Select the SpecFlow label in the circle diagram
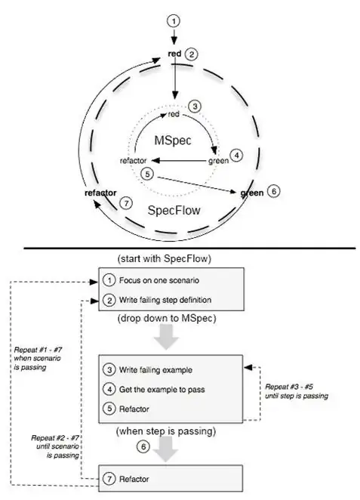point(174,210)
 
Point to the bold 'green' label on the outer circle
point(251,193)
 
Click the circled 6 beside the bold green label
point(274,191)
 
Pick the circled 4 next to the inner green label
point(237,156)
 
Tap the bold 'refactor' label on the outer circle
point(100,193)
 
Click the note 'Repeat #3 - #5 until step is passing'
point(295,390)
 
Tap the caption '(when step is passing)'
point(168,432)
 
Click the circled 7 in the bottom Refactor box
point(110,479)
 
